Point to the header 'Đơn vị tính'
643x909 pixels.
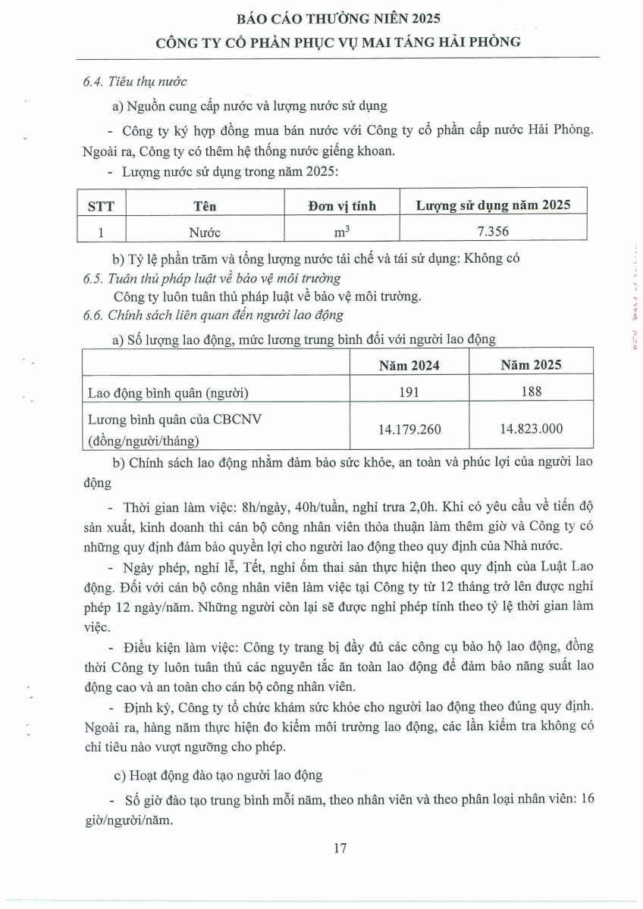click(x=341, y=205)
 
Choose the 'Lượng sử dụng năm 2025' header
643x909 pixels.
click(x=493, y=205)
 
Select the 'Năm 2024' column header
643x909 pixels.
click(x=409, y=365)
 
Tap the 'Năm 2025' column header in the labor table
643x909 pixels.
click(x=531, y=365)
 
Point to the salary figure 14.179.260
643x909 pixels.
click(x=409, y=429)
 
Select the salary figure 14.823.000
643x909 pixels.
click(x=531, y=429)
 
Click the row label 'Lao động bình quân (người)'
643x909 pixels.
click(x=168, y=392)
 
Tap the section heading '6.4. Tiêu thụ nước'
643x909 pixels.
click(x=135, y=81)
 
